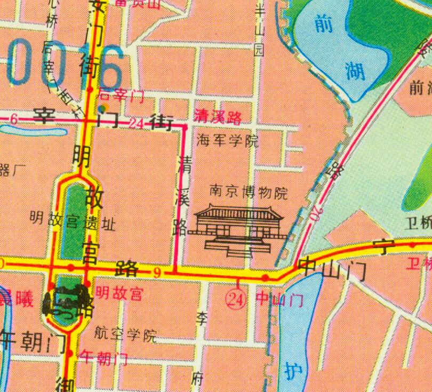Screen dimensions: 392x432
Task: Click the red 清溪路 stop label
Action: point(218,117)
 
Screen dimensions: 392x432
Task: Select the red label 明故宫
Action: point(119,293)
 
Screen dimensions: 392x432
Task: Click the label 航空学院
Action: point(126,335)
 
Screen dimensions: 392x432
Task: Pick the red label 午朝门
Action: point(103,358)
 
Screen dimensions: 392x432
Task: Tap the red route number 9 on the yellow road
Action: point(157,273)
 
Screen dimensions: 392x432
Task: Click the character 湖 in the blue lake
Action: point(354,70)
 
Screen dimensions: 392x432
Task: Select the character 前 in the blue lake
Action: point(326,24)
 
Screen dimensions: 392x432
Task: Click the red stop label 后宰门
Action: point(122,95)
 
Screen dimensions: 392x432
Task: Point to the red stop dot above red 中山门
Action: point(265,277)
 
